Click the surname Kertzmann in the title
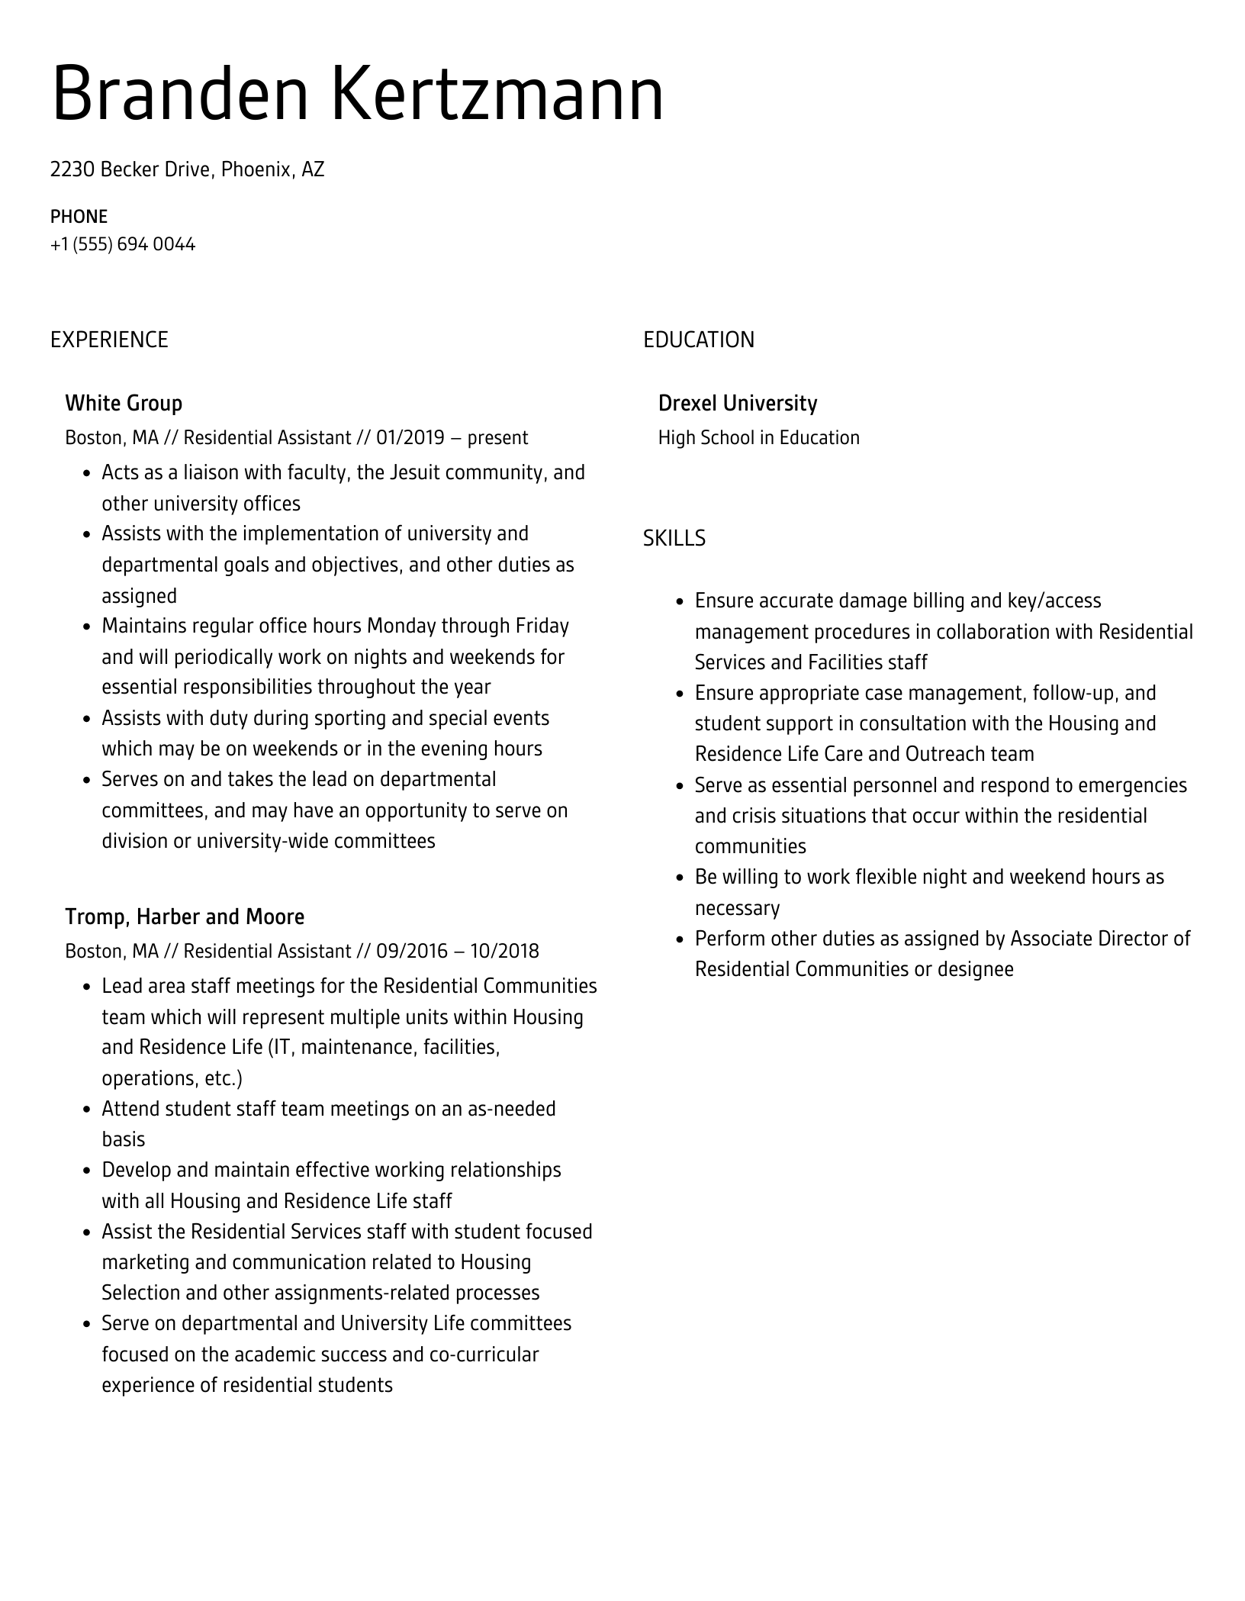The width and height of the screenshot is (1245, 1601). [x=497, y=95]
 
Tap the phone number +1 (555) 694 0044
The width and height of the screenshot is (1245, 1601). [x=123, y=245]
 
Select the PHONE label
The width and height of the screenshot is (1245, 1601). [x=79, y=217]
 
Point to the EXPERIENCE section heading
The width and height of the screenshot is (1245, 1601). [x=109, y=340]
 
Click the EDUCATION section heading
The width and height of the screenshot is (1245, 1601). [x=698, y=340]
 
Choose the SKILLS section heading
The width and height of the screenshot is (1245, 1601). [x=674, y=539]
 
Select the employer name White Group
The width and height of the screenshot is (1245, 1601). [x=124, y=404]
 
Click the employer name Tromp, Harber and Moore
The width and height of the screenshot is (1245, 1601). [x=185, y=917]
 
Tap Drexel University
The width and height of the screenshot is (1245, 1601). [x=737, y=404]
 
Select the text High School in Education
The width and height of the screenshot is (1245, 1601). [x=758, y=438]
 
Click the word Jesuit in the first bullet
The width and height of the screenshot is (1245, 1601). [x=414, y=473]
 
